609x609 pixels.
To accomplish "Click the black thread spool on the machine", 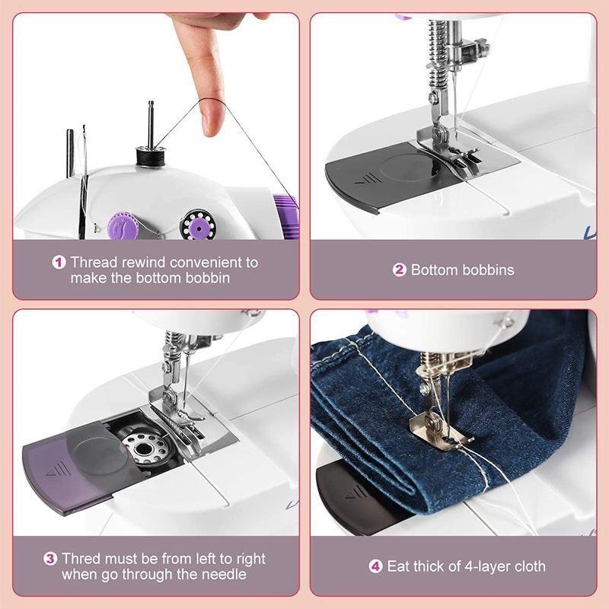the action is click(151, 156).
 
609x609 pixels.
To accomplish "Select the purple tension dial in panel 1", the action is click(122, 226).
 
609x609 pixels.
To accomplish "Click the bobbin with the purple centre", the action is click(199, 225).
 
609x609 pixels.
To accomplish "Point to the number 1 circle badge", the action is click(59, 262).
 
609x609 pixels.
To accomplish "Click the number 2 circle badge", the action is click(399, 270).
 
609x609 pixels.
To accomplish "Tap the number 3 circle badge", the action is click(50, 559).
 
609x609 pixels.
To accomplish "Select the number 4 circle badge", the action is click(375, 566).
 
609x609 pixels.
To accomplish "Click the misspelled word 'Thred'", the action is click(81, 559).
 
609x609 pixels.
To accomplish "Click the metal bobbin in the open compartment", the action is click(145, 448).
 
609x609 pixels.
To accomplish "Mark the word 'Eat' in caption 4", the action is click(398, 566).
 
